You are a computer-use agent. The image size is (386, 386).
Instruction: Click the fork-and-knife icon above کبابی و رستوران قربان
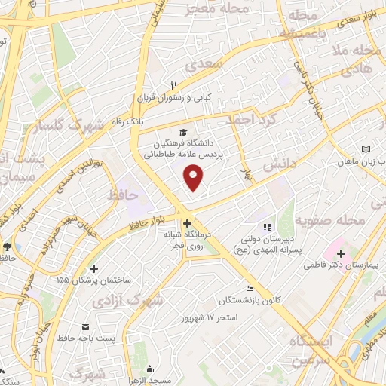[x=174, y=85]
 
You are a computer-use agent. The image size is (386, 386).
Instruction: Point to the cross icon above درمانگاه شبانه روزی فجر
[x=187, y=223]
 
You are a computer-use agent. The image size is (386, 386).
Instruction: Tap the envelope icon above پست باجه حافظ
[x=84, y=326]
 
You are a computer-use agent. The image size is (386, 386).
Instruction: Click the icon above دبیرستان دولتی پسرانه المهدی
[x=265, y=227]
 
